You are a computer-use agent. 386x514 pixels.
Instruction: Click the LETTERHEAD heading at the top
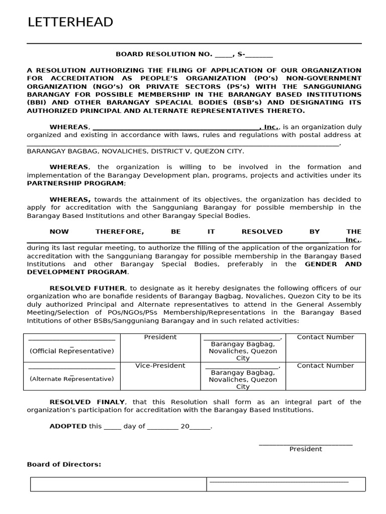click(x=70, y=23)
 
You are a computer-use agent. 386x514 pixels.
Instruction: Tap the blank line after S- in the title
click(x=259, y=54)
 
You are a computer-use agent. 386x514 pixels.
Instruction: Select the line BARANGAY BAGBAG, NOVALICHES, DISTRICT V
click(x=135, y=151)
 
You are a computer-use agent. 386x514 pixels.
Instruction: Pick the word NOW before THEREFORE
click(x=59, y=231)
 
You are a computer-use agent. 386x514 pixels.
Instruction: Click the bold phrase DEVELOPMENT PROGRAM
click(x=77, y=272)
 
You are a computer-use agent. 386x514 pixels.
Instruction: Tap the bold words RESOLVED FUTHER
click(x=87, y=288)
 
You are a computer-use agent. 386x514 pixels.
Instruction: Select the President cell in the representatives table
click(x=160, y=337)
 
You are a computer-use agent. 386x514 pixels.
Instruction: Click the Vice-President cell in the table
click(x=160, y=365)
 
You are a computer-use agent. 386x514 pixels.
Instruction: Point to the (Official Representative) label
click(x=71, y=351)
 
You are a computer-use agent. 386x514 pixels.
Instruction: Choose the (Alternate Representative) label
click(x=71, y=379)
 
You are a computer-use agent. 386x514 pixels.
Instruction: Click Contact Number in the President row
click(x=325, y=337)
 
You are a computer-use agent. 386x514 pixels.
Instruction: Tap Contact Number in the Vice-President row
click(x=325, y=365)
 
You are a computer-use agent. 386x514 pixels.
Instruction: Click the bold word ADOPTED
click(x=68, y=426)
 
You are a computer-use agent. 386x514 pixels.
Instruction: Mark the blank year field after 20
click(x=200, y=427)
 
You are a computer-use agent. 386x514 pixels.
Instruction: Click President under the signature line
click(x=306, y=449)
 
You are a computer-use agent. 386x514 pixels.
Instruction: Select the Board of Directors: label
click(x=64, y=464)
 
